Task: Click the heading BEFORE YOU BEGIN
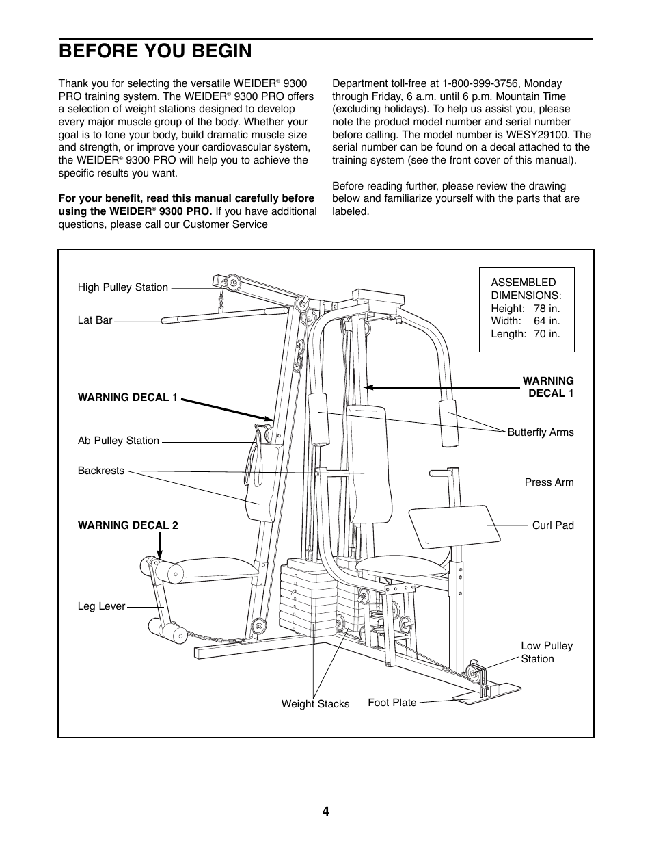tap(155, 51)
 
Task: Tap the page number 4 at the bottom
tap(326, 811)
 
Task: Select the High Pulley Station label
tap(123, 287)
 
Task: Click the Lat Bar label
tap(95, 320)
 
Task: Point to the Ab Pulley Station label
tap(118, 441)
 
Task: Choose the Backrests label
tap(101, 471)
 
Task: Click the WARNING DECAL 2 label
tap(128, 525)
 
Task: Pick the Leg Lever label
tap(101, 606)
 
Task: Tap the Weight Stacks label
tap(315, 704)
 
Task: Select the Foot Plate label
tap(392, 703)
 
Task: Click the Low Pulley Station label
tap(547, 652)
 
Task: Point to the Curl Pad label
tap(553, 525)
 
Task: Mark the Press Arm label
tap(549, 482)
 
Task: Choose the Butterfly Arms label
tap(541, 432)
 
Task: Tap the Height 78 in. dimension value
tap(546, 309)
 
